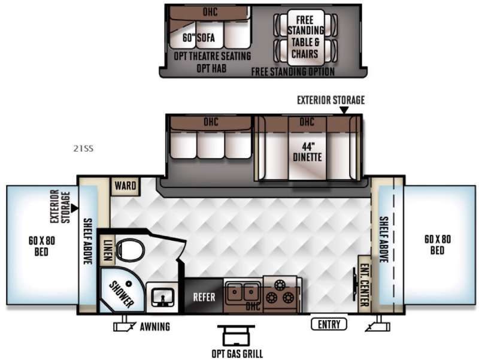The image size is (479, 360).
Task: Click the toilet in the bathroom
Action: tap(131, 249)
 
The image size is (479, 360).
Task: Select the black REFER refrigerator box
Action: tap(204, 296)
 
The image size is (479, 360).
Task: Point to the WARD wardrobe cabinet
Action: tap(125, 186)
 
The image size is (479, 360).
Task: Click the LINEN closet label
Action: tap(107, 250)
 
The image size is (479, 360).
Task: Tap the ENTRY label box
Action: tap(329, 324)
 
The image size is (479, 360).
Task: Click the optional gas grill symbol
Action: tap(236, 335)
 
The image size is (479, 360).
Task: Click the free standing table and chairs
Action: tap(305, 38)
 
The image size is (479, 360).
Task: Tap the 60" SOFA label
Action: tap(199, 38)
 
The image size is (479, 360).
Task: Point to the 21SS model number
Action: tap(83, 149)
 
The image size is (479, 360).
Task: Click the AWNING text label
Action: tap(155, 326)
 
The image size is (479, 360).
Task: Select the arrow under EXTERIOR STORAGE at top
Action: tap(344, 110)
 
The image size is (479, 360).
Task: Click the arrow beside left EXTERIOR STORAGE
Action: tap(74, 208)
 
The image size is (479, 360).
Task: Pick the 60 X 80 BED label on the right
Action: tap(438, 244)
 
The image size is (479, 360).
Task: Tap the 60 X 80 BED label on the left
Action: tap(41, 246)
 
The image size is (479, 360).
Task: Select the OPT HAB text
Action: tap(211, 68)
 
